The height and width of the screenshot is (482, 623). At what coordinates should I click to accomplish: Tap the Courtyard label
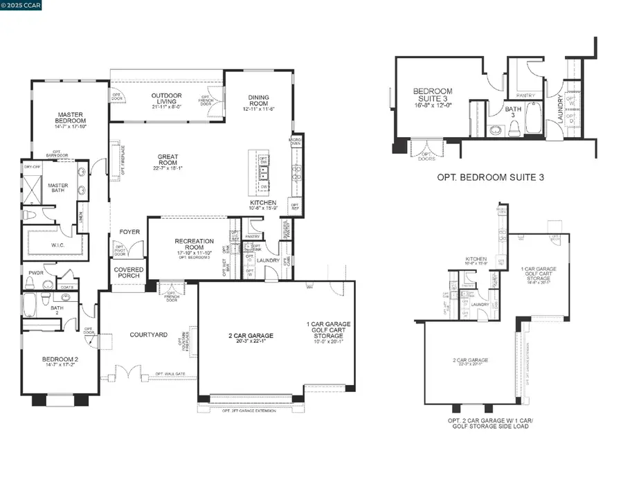[149, 334]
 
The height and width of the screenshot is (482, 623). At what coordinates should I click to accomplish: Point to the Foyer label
[129, 232]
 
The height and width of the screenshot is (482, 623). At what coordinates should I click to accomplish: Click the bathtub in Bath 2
[30, 303]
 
